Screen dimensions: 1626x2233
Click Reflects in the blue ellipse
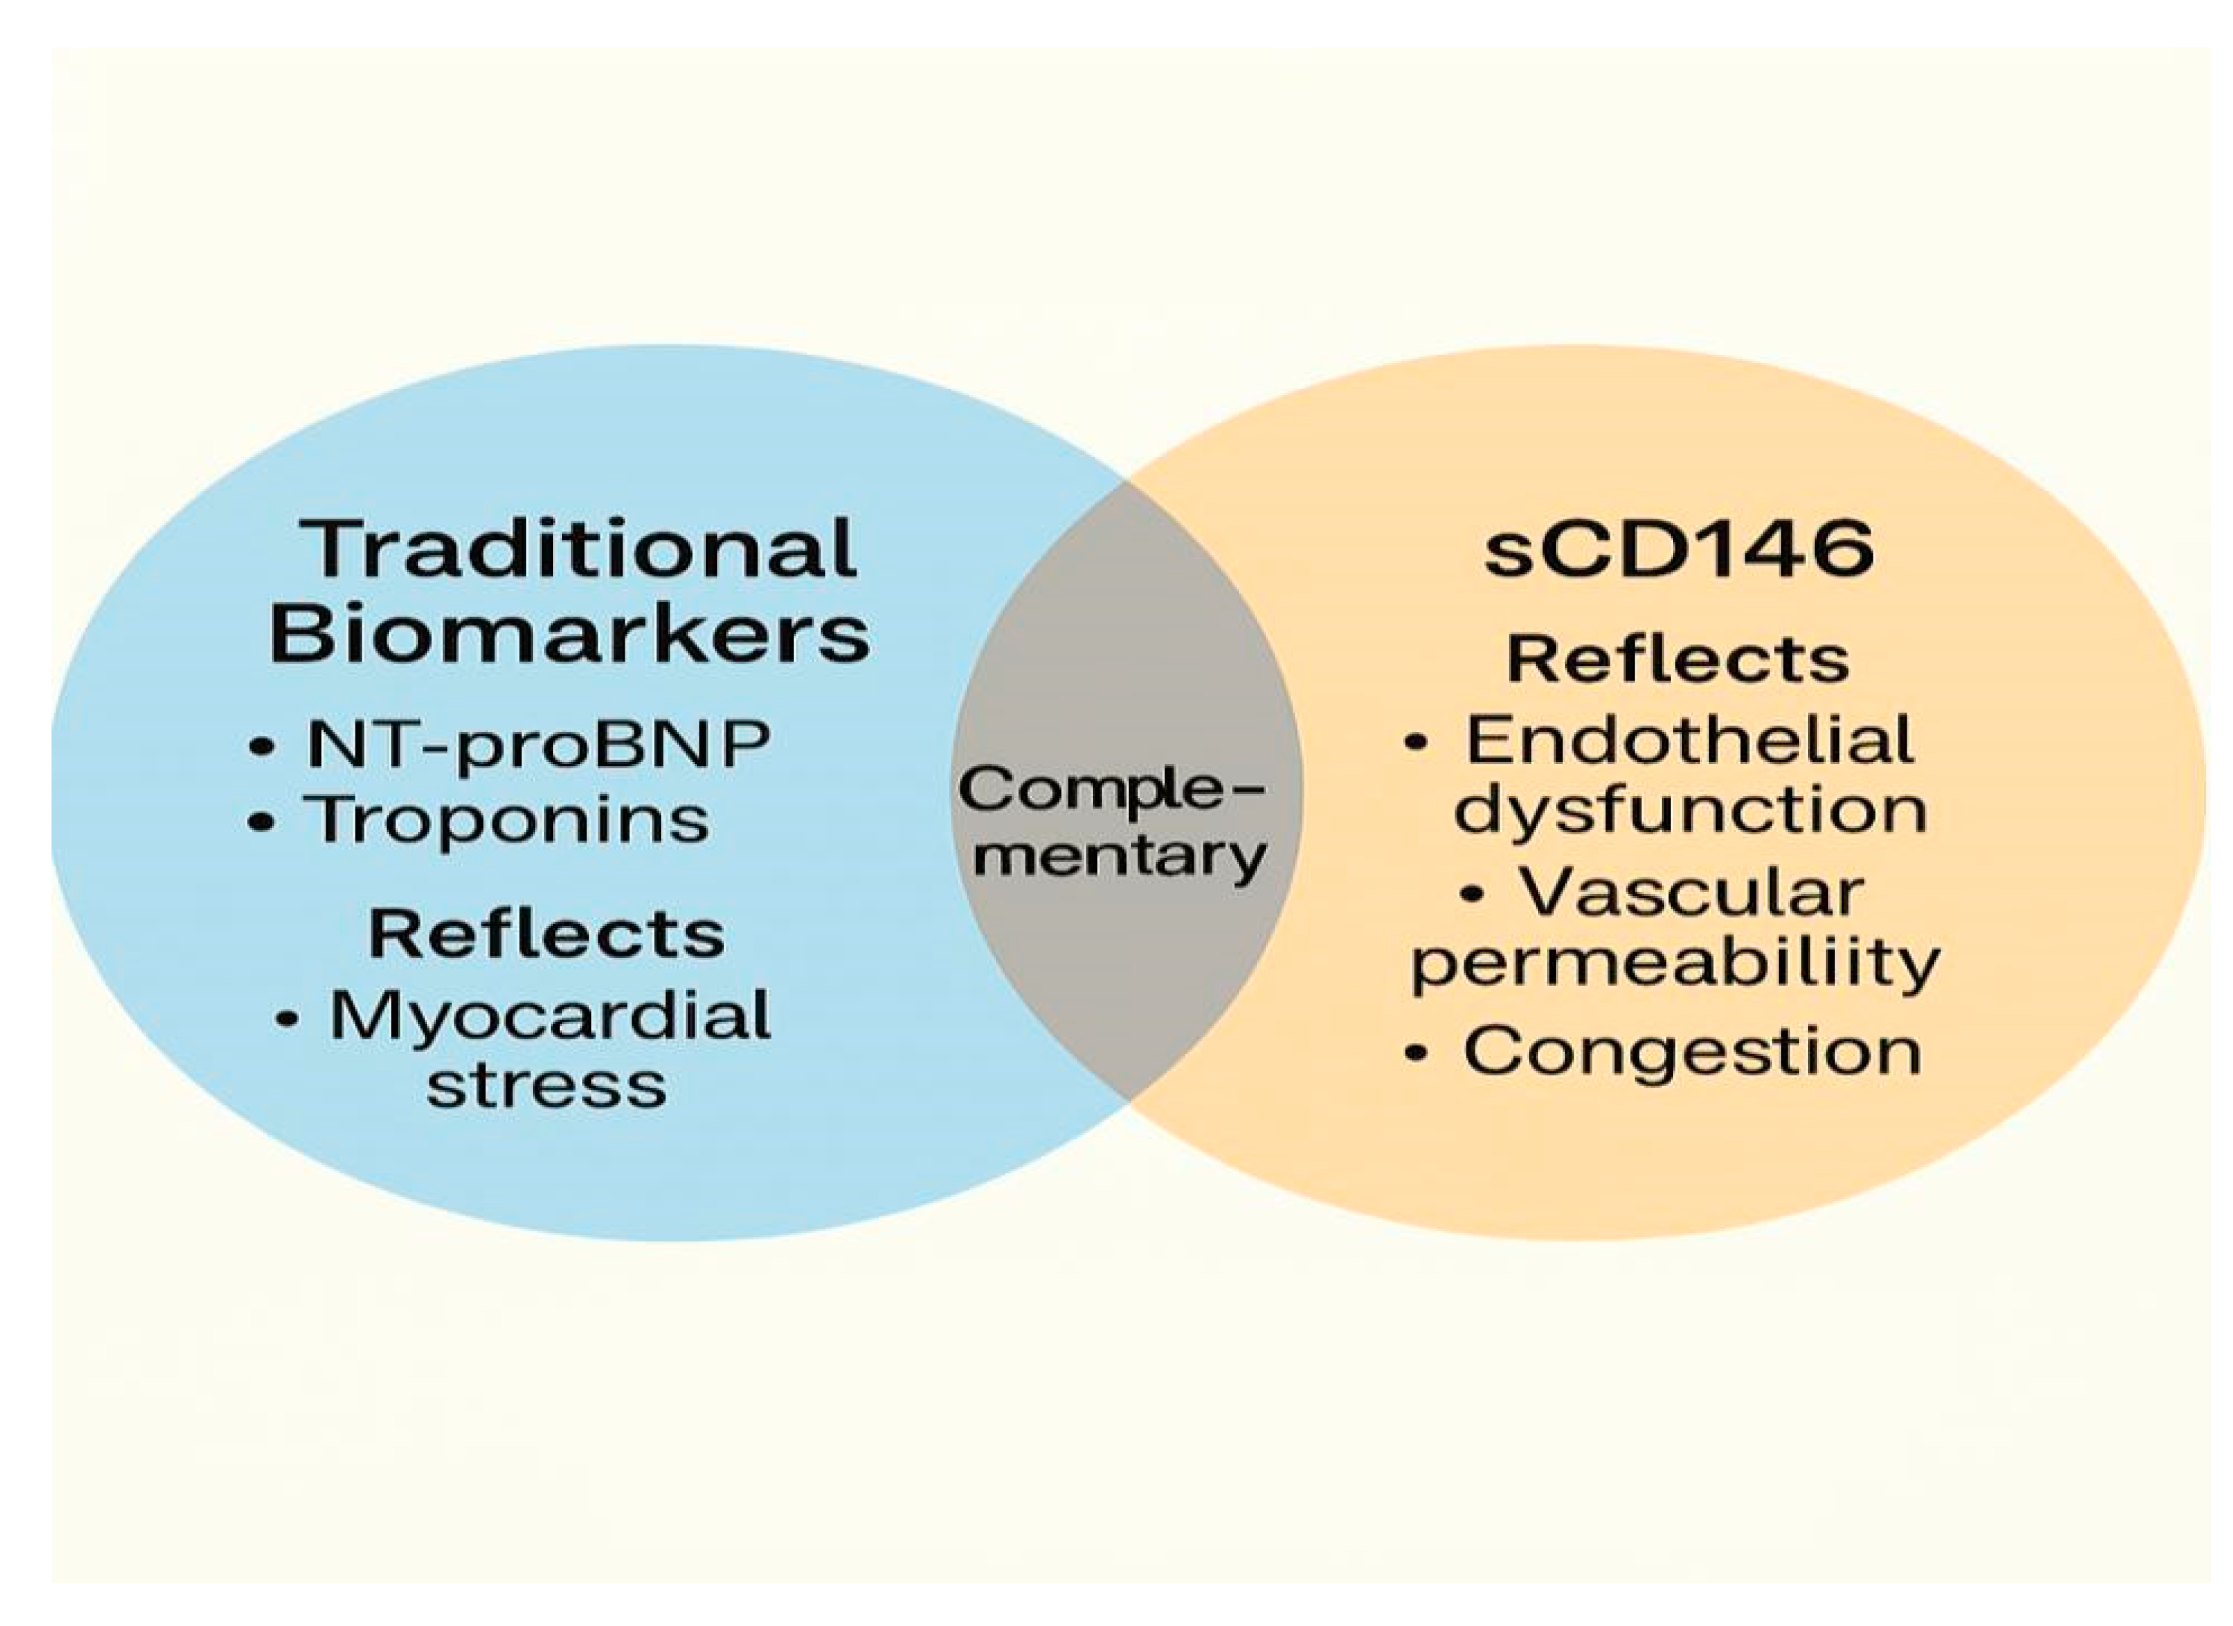coord(547,932)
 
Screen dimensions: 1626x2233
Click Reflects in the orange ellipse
coord(1678,659)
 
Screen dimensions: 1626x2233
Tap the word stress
coord(547,1086)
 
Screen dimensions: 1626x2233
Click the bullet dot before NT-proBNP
coord(262,747)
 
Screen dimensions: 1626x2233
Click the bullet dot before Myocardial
coord(287,1019)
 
